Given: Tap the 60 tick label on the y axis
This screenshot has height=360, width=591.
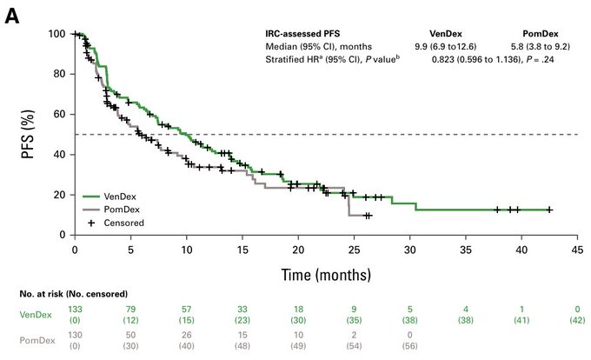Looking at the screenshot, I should coord(61,114).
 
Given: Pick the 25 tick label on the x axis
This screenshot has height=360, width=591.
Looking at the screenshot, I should coord(354,250).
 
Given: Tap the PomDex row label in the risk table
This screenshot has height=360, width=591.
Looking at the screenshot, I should coord(30,340).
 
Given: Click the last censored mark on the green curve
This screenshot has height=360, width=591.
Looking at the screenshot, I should coord(549,210).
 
